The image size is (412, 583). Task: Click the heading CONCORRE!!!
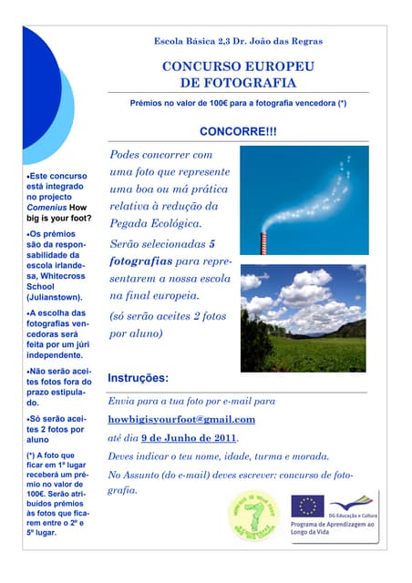point(237,132)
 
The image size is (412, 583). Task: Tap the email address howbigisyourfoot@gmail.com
point(181,420)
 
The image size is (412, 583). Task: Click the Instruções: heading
point(138,378)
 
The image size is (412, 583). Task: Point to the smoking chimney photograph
point(304,200)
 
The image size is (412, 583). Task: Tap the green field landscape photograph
point(304,319)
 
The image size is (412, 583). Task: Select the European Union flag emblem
point(308,507)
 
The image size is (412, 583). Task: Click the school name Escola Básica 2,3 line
point(238,41)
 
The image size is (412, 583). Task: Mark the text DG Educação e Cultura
point(352,516)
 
